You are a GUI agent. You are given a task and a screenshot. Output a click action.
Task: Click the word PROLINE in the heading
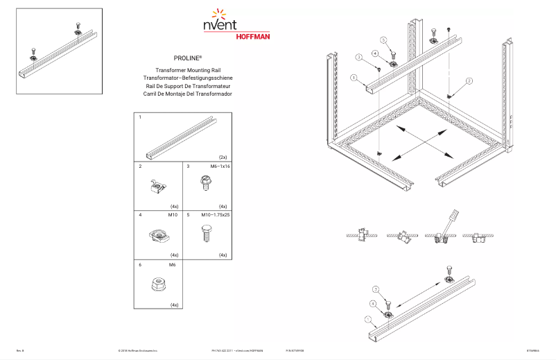183,60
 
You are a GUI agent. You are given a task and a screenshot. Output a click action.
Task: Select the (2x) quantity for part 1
223,157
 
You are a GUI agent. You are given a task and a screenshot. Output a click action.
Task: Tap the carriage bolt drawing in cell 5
206,234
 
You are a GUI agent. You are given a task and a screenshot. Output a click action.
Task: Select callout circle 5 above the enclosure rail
383,40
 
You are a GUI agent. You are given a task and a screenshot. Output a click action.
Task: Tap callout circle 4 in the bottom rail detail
373,303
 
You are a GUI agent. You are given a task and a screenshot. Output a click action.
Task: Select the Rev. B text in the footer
20,352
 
